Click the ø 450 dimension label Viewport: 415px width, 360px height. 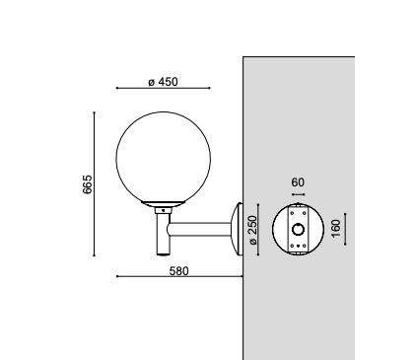point(162,81)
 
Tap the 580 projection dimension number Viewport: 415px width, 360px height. point(178,269)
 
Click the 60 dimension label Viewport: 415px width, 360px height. point(299,182)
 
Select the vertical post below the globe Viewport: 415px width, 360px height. point(161,233)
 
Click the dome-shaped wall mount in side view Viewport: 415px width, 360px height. point(236,231)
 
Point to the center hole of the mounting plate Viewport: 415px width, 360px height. point(299,231)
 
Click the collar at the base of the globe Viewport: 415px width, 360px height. point(162,206)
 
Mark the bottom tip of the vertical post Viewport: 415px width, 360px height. point(161,254)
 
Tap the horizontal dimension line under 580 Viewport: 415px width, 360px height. point(178,277)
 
